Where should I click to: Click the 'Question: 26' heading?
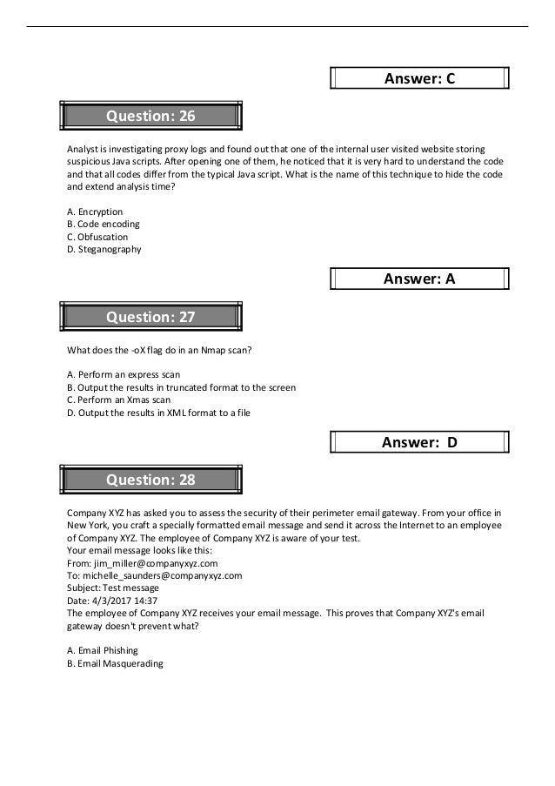(150, 116)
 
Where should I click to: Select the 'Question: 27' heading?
(150, 318)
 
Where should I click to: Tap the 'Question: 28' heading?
(150, 480)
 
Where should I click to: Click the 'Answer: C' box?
(420, 79)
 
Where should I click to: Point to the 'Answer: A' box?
(420, 279)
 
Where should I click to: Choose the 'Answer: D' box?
(420, 442)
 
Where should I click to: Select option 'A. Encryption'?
(95, 212)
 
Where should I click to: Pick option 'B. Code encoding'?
(103, 224)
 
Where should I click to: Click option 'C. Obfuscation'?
(97, 237)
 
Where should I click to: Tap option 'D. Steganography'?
(104, 249)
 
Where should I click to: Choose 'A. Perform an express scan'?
(124, 374)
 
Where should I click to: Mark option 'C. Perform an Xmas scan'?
(118, 400)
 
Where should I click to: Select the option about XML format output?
(158, 413)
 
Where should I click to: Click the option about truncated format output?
(181, 387)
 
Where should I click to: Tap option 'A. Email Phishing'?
(103, 650)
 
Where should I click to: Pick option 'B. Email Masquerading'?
(115, 663)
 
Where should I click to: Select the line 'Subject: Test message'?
(113, 588)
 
